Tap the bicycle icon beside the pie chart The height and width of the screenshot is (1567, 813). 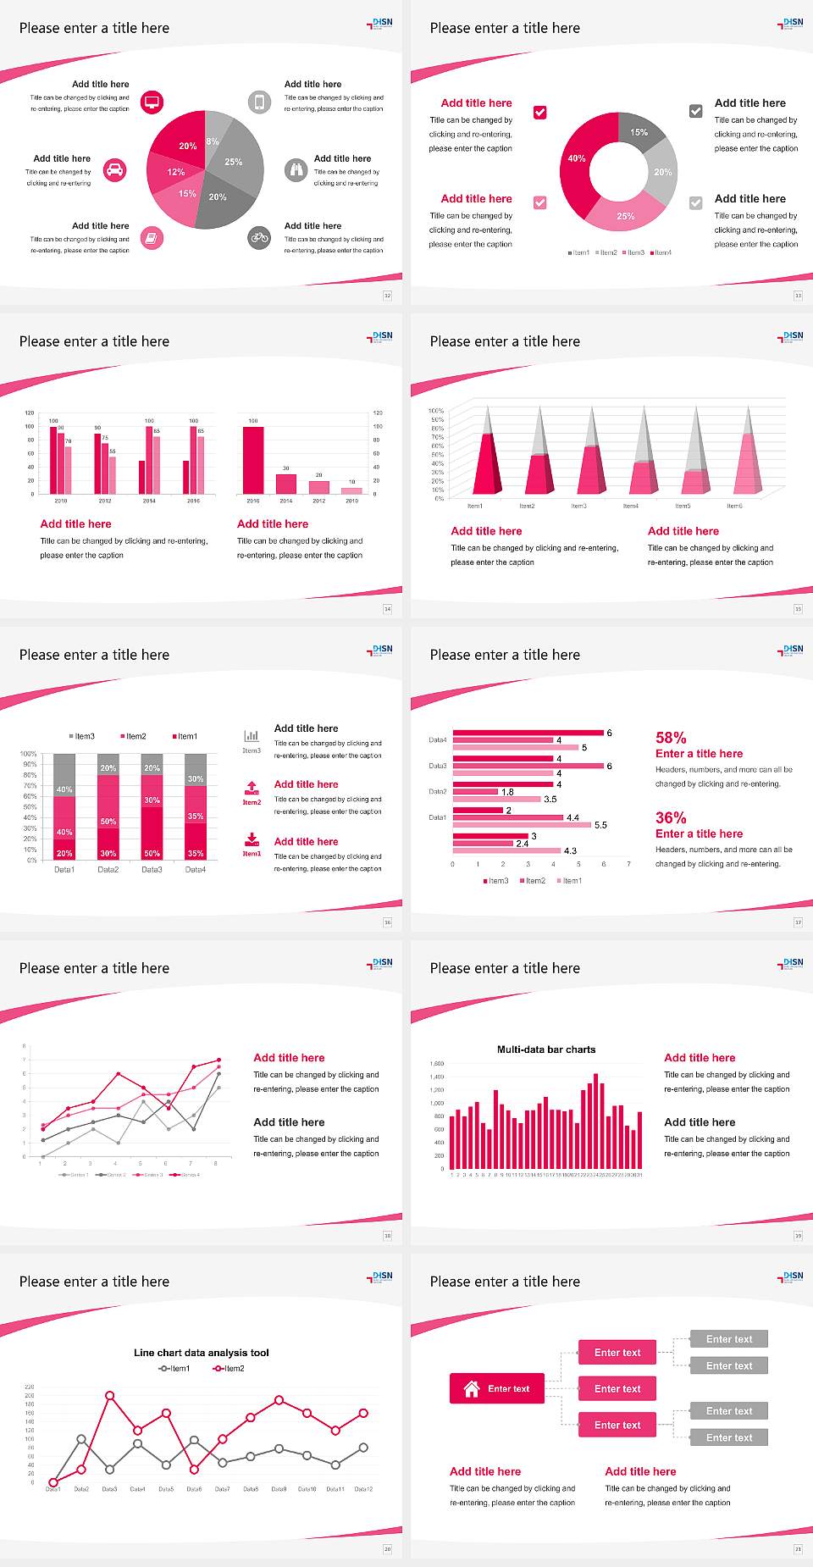tap(259, 237)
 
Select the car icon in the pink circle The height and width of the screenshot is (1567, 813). tap(115, 170)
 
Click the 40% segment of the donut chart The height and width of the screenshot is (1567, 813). tap(576, 161)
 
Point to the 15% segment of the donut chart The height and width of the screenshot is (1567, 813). tap(641, 131)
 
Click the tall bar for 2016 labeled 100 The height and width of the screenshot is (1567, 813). tap(252, 460)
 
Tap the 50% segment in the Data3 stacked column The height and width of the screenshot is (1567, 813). tap(152, 834)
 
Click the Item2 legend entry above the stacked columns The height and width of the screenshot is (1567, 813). tap(133, 736)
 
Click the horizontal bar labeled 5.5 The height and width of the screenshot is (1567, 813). tap(523, 825)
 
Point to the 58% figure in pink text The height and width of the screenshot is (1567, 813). tap(671, 738)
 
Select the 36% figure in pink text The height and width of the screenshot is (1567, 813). tap(671, 817)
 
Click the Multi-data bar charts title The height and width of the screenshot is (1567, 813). tap(546, 1049)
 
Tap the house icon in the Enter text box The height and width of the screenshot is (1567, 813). tap(472, 1388)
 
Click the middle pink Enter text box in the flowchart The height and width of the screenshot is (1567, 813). tap(617, 1388)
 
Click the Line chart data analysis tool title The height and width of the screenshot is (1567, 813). tap(202, 1353)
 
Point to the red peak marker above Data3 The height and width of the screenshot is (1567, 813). tap(109, 1395)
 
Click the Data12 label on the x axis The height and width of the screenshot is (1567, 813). tap(363, 1489)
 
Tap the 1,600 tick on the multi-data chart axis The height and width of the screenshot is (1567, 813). tap(437, 1063)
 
